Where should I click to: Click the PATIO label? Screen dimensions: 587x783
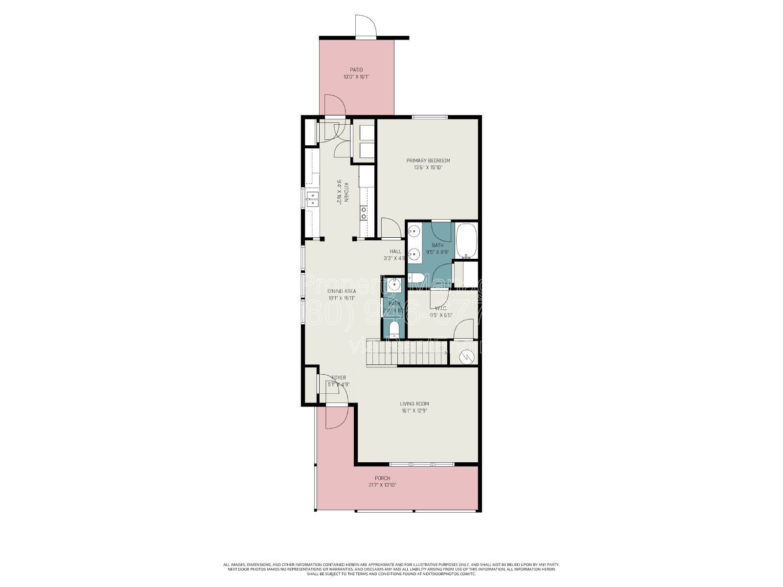pyautogui.click(x=356, y=70)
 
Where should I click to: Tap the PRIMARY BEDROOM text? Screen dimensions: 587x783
pyautogui.click(x=428, y=160)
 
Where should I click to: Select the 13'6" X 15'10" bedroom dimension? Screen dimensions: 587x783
pyautogui.click(x=428, y=167)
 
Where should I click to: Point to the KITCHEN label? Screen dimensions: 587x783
pyautogui.click(x=346, y=192)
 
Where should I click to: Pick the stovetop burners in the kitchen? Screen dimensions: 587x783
pyautogui.click(x=364, y=212)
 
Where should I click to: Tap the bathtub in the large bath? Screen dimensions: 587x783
pyautogui.click(x=466, y=241)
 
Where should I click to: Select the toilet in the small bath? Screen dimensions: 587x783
pyautogui.click(x=394, y=328)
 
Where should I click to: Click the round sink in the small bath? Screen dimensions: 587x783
pyautogui.click(x=394, y=284)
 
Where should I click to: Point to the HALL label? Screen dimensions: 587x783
pyautogui.click(x=395, y=251)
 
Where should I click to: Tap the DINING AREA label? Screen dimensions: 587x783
pyautogui.click(x=342, y=291)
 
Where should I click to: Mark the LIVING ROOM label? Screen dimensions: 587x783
pyautogui.click(x=414, y=404)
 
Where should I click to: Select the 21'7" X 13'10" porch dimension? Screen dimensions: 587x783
pyautogui.click(x=382, y=485)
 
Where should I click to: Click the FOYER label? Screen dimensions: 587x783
pyautogui.click(x=339, y=378)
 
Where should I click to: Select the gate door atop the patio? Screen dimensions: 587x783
pyautogui.click(x=366, y=27)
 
